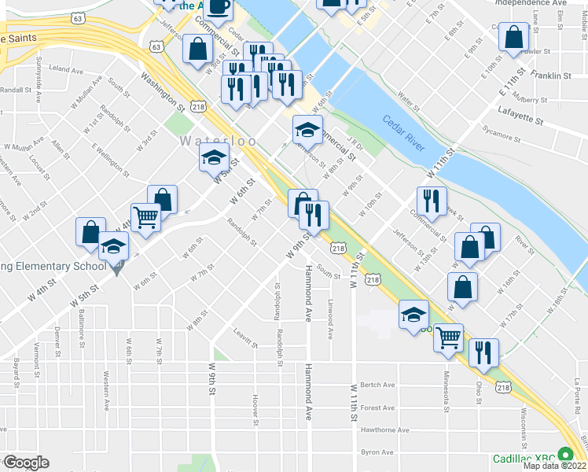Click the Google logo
click(x=25, y=462)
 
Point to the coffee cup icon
click(x=220, y=7)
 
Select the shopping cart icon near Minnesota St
click(x=448, y=337)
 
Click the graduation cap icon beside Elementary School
click(x=113, y=247)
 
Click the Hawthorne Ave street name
click(x=384, y=430)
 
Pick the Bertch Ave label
click(x=377, y=385)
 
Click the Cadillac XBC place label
click(x=523, y=459)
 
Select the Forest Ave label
click(x=378, y=407)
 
